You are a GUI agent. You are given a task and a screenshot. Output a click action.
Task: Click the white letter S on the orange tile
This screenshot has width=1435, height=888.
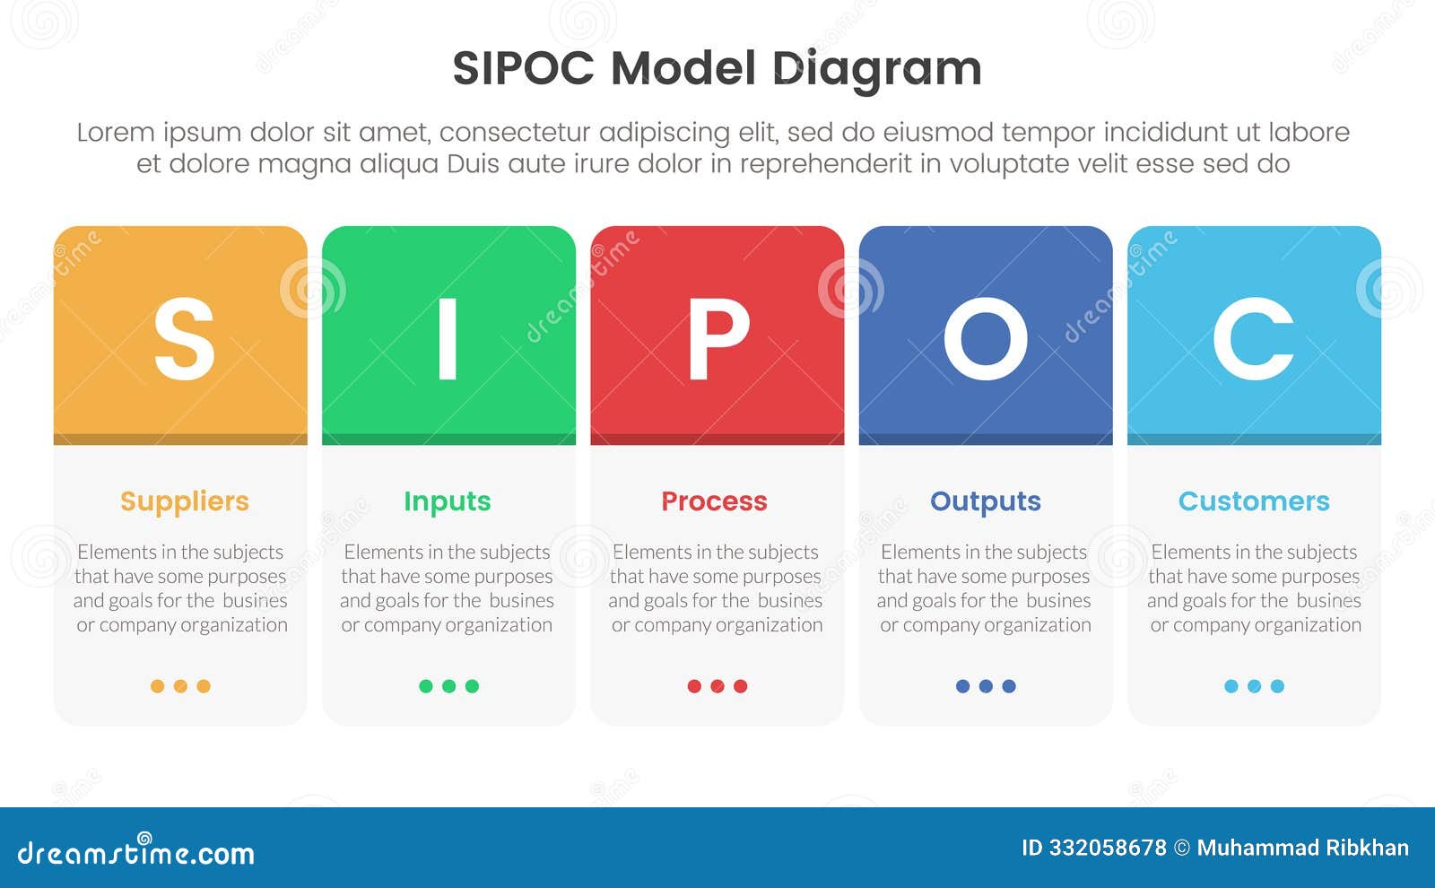(184, 339)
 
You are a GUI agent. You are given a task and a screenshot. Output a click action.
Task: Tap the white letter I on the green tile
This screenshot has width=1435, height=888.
(448, 339)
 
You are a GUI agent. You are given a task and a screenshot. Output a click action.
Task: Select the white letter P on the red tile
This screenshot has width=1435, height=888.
(717, 339)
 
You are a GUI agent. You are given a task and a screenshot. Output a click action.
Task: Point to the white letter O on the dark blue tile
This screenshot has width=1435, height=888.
(985, 339)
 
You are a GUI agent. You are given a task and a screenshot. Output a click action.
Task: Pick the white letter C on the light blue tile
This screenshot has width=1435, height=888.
(1253, 339)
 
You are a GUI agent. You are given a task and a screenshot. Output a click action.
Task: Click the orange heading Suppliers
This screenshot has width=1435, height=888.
(184, 501)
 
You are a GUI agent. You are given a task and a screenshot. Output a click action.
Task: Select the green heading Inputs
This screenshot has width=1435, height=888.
(447, 501)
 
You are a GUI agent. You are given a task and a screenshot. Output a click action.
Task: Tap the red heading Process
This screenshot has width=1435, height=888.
(714, 501)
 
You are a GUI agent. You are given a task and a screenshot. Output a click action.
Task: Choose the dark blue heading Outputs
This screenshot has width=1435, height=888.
(985, 501)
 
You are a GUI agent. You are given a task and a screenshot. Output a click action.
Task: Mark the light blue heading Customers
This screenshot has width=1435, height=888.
(1253, 501)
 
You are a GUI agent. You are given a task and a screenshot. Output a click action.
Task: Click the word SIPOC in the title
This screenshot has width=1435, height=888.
(523, 68)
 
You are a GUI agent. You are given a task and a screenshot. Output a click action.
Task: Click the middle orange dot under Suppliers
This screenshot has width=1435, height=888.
(180, 686)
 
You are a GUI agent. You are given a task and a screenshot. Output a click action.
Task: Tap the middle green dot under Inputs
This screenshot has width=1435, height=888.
(448, 686)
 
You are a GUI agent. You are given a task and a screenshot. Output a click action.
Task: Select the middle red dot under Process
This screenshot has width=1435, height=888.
(717, 686)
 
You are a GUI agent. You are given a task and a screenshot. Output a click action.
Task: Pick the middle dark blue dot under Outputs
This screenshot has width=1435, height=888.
(986, 686)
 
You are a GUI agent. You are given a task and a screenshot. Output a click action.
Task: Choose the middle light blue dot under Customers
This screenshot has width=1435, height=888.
(1254, 686)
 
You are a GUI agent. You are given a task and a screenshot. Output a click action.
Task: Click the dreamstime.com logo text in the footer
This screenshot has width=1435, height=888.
(135, 852)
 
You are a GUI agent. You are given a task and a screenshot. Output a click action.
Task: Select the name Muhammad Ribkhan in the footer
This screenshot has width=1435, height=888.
(1302, 848)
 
